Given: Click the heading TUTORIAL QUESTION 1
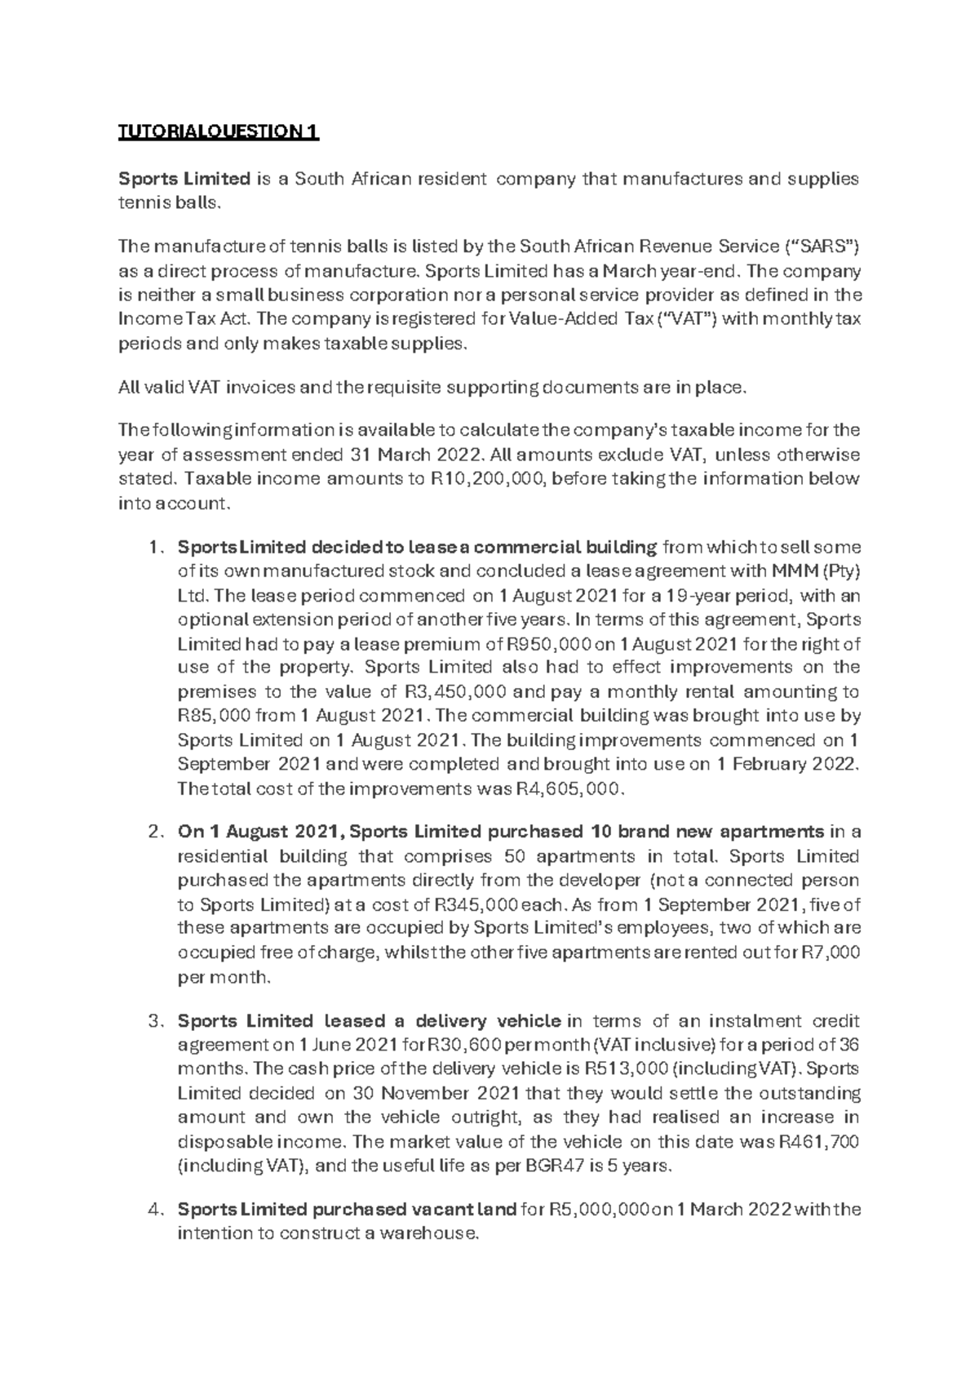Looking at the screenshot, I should point(219,131).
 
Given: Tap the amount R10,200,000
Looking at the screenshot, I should point(487,479).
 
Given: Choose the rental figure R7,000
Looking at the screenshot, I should point(831,953).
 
